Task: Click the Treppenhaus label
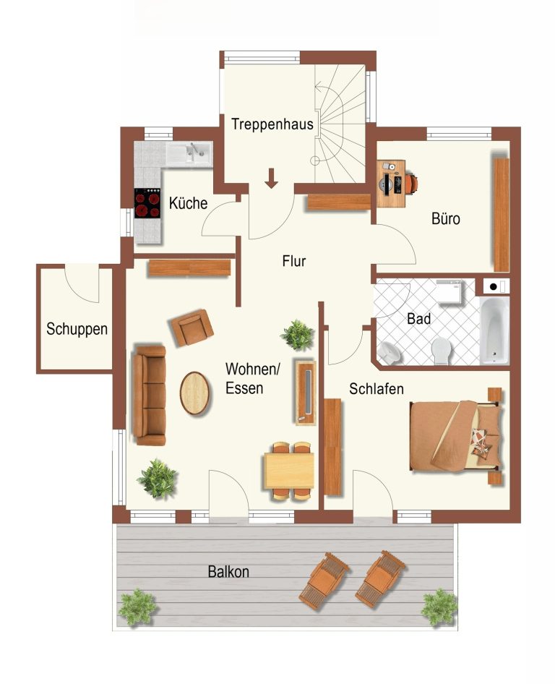pyautogui.click(x=272, y=124)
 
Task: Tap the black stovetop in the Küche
pyautogui.click(x=147, y=203)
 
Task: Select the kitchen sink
pyautogui.click(x=189, y=153)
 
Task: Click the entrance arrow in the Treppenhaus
pyautogui.click(x=271, y=179)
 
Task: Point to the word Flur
pyautogui.click(x=294, y=261)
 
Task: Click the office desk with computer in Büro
pyautogui.click(x=392, y=183)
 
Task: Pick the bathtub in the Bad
pyautogui.click(x=494, y=330)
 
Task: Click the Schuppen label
pyautogui.click(x=77, y=329)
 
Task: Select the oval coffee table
pyautogui.click(x=194, y=393)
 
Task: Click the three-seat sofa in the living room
pyautogui.click(x=149, y=396)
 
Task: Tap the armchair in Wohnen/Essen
pyautogui.click(x=192, y=328)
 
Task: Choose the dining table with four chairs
pyautogui.click(x=289, y=471)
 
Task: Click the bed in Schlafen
pyautogui.click(x=455, y=436)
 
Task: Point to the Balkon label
pyautogui.click(x=228, y=571)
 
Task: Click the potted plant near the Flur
pyautogui.click(x=298, y=335)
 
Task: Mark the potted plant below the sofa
pyautogui.click(x=158, y=479)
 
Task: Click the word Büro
pyautogui.click(x=446, y=218)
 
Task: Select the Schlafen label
pyautogui.click(x=377, y=389)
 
